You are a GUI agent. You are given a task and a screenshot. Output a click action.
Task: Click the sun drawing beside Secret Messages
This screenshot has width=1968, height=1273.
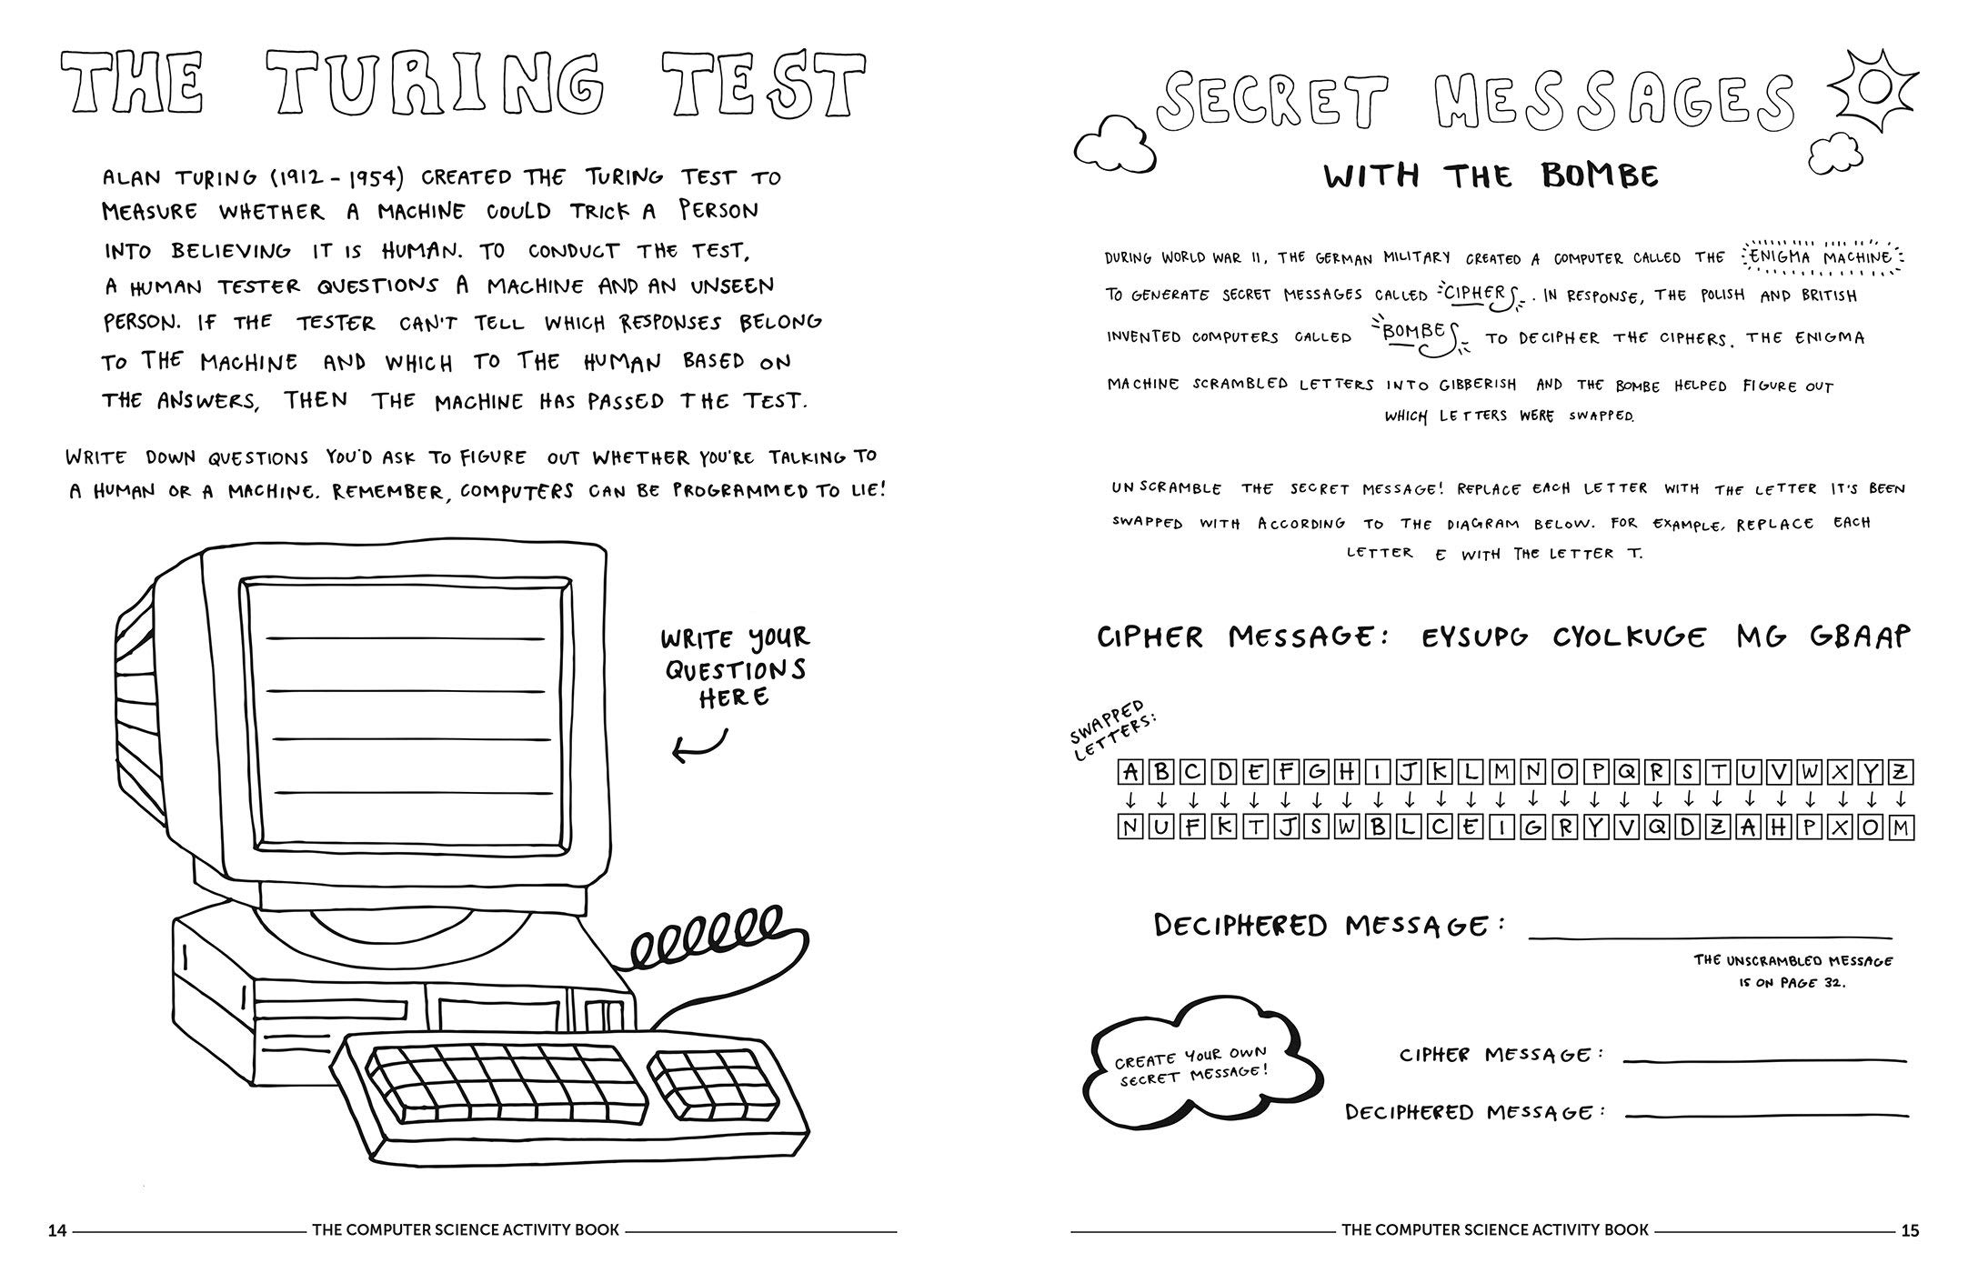click(x=1876, y=86)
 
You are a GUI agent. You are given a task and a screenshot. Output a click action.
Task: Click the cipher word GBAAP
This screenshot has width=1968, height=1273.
click(x=1859, y=636)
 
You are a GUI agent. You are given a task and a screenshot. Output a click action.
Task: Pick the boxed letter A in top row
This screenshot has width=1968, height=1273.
click(x=1130, y=773)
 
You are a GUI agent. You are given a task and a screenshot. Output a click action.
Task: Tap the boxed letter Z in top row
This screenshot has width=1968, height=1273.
click(x=1900, y=773)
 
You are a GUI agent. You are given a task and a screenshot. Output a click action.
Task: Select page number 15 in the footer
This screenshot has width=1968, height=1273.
click(x=1910, y=1230)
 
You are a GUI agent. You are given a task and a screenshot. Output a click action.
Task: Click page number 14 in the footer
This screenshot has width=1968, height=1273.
click(x=57, y=1230)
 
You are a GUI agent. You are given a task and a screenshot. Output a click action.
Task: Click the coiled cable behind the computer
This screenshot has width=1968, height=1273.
click(x=709, y=937)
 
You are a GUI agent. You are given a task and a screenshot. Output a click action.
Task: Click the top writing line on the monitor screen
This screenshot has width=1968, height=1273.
click(x=405, y=638)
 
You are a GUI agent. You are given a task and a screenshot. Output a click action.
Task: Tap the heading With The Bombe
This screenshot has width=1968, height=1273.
click(x=1491, y=175)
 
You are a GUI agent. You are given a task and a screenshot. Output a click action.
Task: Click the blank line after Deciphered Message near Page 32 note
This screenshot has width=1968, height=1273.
click(x=1710, y=936)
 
